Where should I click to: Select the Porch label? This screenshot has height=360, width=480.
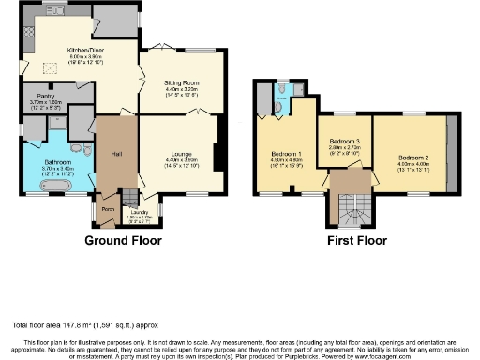pos(108,209)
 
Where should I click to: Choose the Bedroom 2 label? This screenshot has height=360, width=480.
pos(412,157)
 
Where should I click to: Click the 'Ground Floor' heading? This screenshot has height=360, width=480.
pos(123,241)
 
